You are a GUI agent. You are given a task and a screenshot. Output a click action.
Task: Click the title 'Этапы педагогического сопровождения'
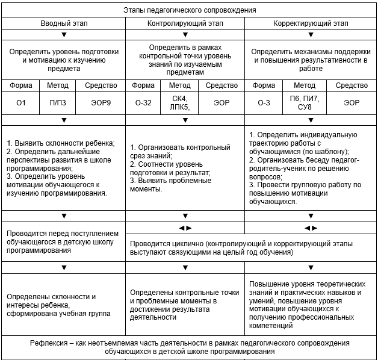190,10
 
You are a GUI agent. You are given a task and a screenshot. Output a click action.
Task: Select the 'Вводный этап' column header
63,23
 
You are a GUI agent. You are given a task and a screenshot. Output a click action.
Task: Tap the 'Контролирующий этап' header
185,23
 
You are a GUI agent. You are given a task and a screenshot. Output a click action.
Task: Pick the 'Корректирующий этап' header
311,23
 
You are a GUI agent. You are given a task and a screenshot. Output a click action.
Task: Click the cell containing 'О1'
22,103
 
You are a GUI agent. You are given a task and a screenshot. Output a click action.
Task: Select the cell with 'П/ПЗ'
58,103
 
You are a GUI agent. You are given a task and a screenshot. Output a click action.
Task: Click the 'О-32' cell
143,103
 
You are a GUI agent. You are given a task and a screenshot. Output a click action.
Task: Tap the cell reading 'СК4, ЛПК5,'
180,103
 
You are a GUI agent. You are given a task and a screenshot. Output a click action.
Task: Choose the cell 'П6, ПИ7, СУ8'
305,103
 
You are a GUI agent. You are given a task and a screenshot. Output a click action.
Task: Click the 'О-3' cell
264,103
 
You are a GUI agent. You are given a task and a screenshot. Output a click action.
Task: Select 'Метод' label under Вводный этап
58,85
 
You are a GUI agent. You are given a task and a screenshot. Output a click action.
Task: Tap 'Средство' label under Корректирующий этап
352,85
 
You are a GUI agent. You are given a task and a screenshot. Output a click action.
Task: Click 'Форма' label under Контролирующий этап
143,85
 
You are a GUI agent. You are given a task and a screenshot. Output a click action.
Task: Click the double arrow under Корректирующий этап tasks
311,228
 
